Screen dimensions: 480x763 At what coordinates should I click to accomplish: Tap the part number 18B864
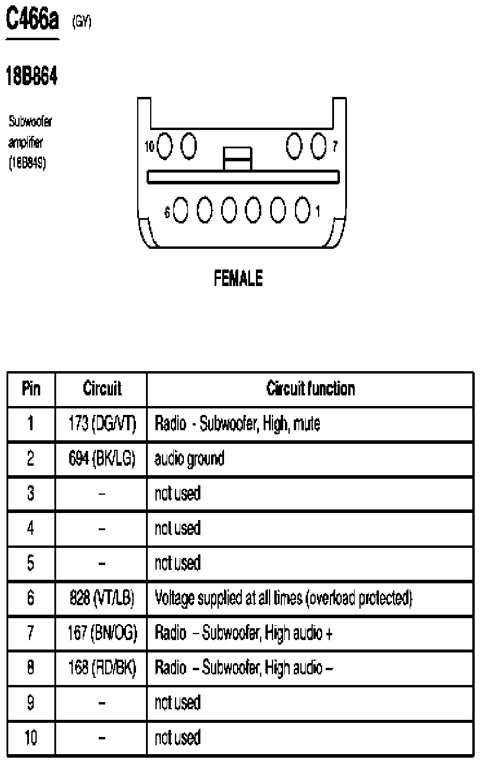click(32, 76)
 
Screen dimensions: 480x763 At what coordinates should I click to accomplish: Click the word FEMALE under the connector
click(238, 278)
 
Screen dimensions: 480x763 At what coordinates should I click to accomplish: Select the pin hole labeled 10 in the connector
click(164, 146)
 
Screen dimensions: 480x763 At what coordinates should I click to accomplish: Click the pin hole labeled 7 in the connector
click(319, 146)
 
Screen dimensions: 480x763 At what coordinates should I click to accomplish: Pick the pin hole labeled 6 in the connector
click(180, 210)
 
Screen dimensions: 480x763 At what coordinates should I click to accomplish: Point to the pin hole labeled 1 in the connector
click(303, 210)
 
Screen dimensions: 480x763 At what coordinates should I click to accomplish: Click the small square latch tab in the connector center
click(238, 159)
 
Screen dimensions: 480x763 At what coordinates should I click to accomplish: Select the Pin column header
click(31, 389)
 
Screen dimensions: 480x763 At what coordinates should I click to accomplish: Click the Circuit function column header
click(310, 389)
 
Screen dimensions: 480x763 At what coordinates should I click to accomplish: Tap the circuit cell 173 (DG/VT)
click(102, 423)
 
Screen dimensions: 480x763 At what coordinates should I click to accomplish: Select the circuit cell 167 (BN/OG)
click(102, 632)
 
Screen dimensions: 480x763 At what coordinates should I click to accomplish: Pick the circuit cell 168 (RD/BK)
click(102, 667)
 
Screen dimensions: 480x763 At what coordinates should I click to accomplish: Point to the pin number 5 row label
click(31, 563)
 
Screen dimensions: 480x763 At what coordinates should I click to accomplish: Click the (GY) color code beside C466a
click(82, 22)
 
